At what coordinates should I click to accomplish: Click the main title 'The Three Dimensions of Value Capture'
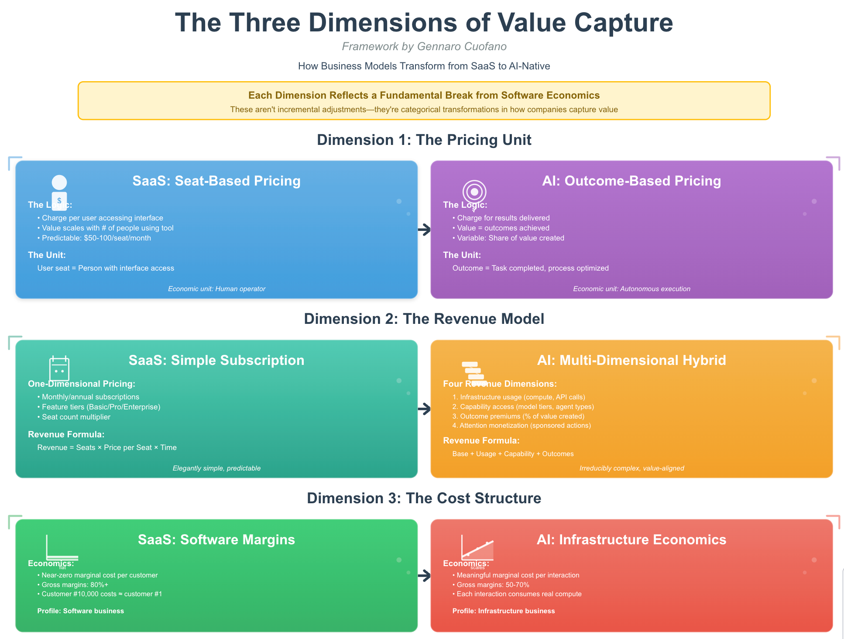[424, 23]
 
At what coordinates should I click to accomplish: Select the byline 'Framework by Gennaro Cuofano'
[424, 46]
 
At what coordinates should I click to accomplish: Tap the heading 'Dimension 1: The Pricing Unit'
[424, 140]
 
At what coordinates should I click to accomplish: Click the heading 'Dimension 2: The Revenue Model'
[424, 319]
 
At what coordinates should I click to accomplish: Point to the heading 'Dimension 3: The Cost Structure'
[424, 498]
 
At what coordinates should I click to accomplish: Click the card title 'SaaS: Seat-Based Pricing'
[216, 181]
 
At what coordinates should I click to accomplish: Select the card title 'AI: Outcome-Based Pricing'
[631, 181]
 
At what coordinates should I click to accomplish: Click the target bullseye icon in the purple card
[474, 192]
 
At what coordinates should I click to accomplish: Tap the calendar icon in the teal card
[59, 369]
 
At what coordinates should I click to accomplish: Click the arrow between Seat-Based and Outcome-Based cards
[424, 230]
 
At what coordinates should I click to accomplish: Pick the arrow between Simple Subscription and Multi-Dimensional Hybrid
[424, 409]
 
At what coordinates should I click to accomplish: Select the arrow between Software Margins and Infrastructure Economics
[424, 576]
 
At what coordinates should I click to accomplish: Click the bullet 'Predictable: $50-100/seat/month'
[96, 238]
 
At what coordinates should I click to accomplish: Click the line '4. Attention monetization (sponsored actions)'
[521, 426]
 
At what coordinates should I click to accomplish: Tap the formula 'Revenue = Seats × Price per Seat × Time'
[107, 447]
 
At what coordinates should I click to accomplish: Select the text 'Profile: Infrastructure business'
[504, 611]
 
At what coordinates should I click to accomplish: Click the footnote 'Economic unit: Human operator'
[216, 289]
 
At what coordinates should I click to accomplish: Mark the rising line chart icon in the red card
[477, 549]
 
